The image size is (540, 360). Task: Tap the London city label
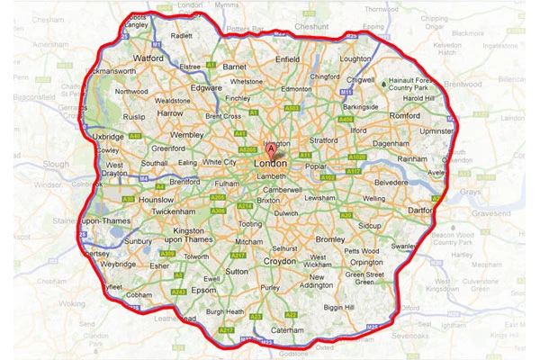[x=271, y=164]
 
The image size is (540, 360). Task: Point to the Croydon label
[x=279, y=261]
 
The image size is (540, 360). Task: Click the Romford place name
[x=406, y=116]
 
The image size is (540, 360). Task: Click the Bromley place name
[x=330, y=239]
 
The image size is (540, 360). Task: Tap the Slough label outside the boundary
[x=56, y=164]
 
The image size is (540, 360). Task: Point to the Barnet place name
[x=235, y=67]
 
